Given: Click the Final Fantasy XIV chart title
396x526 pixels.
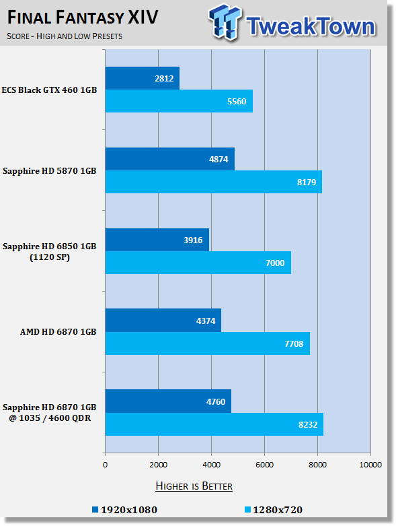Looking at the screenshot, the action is pyautogui.click(x=82, y=18).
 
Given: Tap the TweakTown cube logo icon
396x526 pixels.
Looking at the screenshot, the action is pyautogui.click(x=225, y=22).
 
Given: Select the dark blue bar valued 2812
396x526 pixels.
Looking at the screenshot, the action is pyautogui.click(x=143, y=78).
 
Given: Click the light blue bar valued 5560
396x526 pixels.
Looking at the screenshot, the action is pyautogui.click(x=179, y=101).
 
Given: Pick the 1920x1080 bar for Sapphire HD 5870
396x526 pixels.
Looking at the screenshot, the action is pyautogui.click(x=170, y=159).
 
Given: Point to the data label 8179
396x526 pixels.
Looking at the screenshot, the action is pyautogui.click(x=307, y=182).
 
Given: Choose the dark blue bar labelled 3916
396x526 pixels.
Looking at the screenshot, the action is pyautogui.click(x=157, y=240).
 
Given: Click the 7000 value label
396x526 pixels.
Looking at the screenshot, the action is pyautogui.click(x=275, y=263).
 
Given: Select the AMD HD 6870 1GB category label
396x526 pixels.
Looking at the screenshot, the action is pyautogui.click(x=58, y=332).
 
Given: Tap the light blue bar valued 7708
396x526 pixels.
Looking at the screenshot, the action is pyautogui.click(x=208, y=343).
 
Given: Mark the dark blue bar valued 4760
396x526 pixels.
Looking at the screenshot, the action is pyautogui.click(x=168, y=401).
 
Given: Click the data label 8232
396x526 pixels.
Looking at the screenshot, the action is pyautogui.click(x=308, y=425).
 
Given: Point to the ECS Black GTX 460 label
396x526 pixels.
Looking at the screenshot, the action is pyautogui.click(x=49, y=90).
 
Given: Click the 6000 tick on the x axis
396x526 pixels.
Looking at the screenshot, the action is pyautogui.click(x=264, y=465).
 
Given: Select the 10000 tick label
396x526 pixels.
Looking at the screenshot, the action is pyautogui.click(x=370, y=465).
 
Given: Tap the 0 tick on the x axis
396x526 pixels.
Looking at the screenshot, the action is pyautogui.click(x=105, y=465).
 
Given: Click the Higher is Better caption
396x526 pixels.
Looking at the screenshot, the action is pyautogui.click(x=194, y=486).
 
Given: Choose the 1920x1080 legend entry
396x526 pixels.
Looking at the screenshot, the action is pyautogui.click(x=125, y=510).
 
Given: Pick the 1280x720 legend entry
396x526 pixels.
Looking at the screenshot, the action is pyautogui.click(x=274, y=510).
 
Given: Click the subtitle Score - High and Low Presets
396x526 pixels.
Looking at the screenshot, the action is pyautogui.click(x=65, y=36).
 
